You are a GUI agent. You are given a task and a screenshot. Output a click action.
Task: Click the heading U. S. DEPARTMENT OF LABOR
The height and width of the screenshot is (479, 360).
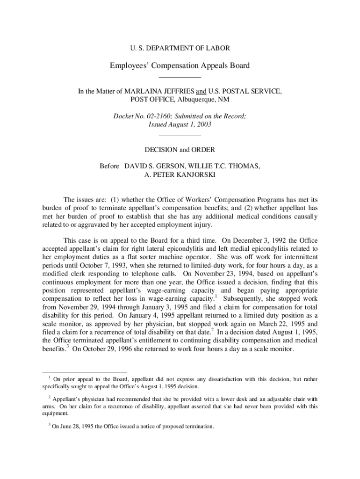180,48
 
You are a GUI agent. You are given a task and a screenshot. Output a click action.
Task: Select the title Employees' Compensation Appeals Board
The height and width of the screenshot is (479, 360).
180,65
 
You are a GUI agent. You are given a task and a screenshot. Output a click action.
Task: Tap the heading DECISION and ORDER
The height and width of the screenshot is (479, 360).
180,150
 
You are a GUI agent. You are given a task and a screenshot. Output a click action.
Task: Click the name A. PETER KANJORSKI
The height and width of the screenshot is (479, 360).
180,174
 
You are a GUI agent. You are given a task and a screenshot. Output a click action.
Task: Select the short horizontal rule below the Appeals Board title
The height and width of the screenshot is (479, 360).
180,77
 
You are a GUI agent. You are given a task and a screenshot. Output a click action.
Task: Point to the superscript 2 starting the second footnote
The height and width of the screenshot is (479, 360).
49,397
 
